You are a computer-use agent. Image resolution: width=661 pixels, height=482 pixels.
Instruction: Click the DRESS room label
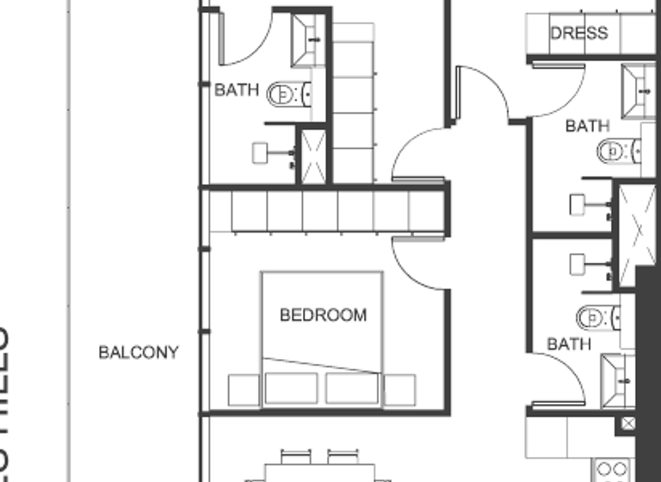pos(579,34)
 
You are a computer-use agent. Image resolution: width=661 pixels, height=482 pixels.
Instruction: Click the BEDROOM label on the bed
pos(323,315)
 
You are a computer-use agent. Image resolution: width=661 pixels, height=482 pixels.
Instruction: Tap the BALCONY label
pos(139,352)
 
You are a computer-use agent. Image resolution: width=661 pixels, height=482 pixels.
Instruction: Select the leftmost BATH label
pos(236,89)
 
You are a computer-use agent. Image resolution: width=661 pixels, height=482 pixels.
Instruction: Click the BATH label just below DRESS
pos(587,126)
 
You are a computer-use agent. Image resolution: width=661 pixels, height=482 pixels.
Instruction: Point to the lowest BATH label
pos(569,344)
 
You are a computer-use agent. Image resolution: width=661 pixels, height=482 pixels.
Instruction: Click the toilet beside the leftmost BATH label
pos(283,94)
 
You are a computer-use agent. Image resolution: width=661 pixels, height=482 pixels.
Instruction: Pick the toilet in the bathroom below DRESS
pos(613,152)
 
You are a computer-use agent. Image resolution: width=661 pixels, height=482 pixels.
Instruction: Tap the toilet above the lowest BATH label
pos(596,318)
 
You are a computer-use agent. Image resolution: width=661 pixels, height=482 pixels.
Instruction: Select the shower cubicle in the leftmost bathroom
pos(312,155)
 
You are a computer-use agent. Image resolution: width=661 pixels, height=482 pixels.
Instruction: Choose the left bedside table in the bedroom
pos(244,390)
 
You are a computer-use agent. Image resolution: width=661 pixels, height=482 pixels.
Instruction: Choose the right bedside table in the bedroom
pos(398,390)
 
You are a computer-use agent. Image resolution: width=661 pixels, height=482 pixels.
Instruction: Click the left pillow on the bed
pos(291,388)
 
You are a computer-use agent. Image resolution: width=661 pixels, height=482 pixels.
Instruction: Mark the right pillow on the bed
pos(352,388)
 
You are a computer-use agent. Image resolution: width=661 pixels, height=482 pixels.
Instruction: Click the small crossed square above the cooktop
pos(627,423)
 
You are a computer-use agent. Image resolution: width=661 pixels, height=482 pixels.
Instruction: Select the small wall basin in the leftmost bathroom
pos(263,152)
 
